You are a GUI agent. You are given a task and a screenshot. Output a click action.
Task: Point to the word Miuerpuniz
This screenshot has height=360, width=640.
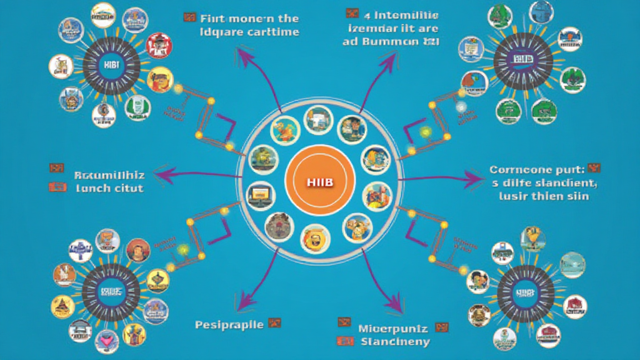pyautogui.click(x=392, y=327)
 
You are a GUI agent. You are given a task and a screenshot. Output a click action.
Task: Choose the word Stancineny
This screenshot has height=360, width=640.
pyautogui.click(x=395, y=341)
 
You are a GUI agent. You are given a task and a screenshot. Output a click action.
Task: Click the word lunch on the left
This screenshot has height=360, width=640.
pyautogui.click(x=93, y=187)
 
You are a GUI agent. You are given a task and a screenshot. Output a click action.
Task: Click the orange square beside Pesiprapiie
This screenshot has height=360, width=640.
pyautogui.click(x=274, y=324)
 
